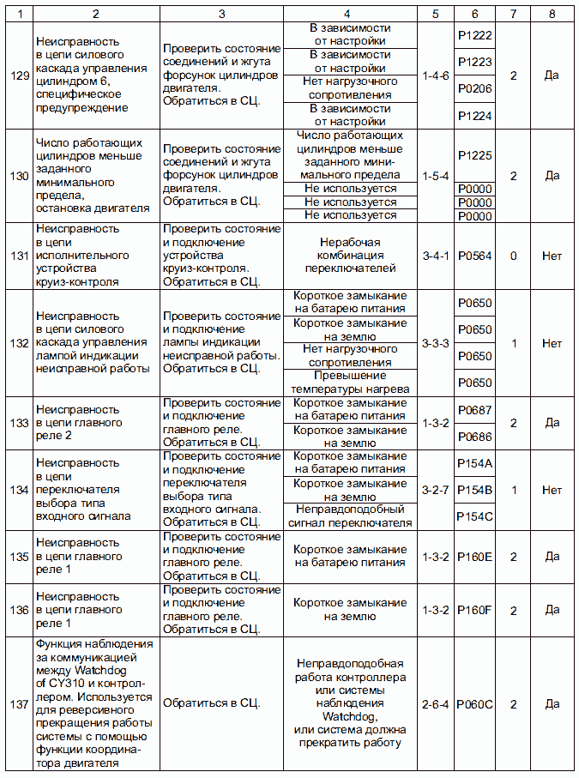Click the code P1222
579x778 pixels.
click(474, 34)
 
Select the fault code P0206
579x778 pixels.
click(474, 88)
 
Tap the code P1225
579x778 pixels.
click(474, 155)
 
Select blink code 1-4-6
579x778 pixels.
click(436, 75)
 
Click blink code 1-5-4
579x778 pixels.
click(436, 176)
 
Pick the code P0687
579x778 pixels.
click(474, 409)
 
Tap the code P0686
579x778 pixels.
click(474, 436)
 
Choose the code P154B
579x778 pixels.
click(474, 490)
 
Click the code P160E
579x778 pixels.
click(474, 557)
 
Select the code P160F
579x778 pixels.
click(474, 610)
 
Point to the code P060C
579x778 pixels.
click(474, 704)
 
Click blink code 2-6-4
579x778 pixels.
click(436, 704)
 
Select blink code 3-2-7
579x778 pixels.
click(436, 490)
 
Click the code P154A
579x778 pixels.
click(474, 463)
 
